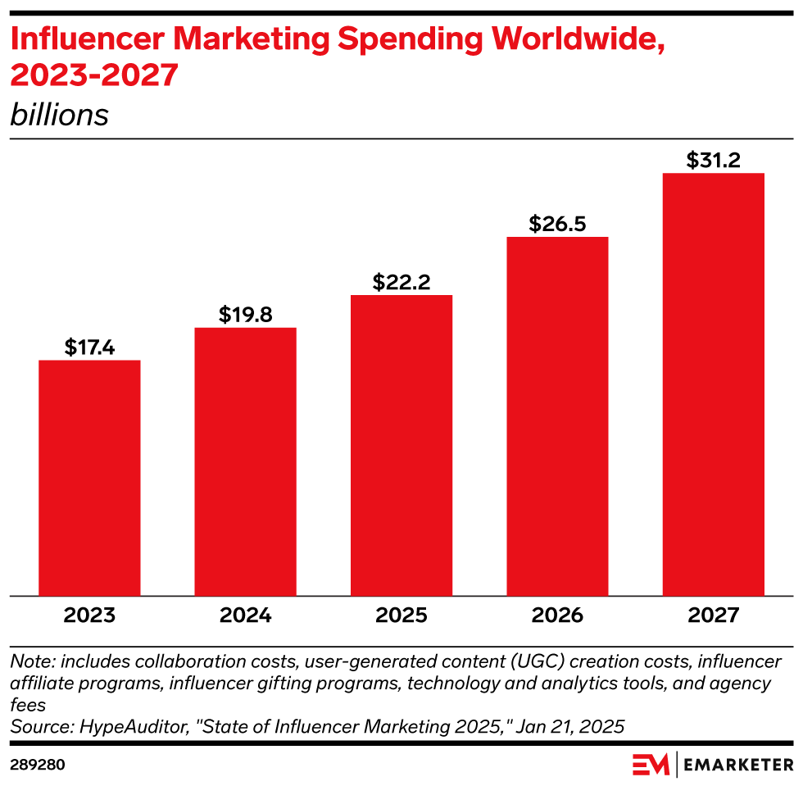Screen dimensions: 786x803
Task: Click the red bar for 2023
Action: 89,478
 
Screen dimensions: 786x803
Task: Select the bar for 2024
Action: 245,461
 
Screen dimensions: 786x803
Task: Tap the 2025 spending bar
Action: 401,445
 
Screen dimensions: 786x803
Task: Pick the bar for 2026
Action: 557,416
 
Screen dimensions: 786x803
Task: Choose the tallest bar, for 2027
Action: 713,384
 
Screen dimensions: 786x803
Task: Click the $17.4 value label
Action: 89,348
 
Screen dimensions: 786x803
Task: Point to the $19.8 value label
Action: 245,315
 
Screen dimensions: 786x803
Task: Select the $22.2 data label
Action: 401,282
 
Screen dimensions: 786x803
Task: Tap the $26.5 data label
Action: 557,224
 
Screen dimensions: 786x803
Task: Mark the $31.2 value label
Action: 713,160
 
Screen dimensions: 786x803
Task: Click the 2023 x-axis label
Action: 89,616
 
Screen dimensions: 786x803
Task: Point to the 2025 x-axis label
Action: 401,616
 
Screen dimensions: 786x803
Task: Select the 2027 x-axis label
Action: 713,616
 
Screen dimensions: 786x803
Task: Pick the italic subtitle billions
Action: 59,115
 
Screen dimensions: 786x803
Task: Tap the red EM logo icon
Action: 651,765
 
